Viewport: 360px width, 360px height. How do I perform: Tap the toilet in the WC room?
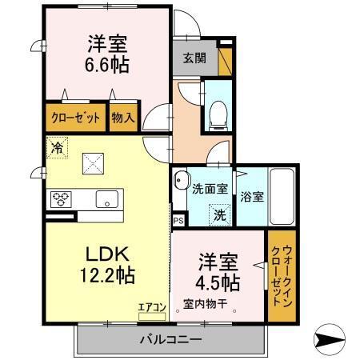216,117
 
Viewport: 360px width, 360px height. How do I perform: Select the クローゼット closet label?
77,118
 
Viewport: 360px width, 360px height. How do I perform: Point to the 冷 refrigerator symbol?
57,146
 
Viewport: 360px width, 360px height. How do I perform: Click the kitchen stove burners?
62,198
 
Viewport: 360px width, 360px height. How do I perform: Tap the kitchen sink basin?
106,198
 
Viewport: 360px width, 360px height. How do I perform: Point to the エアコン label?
150,306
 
